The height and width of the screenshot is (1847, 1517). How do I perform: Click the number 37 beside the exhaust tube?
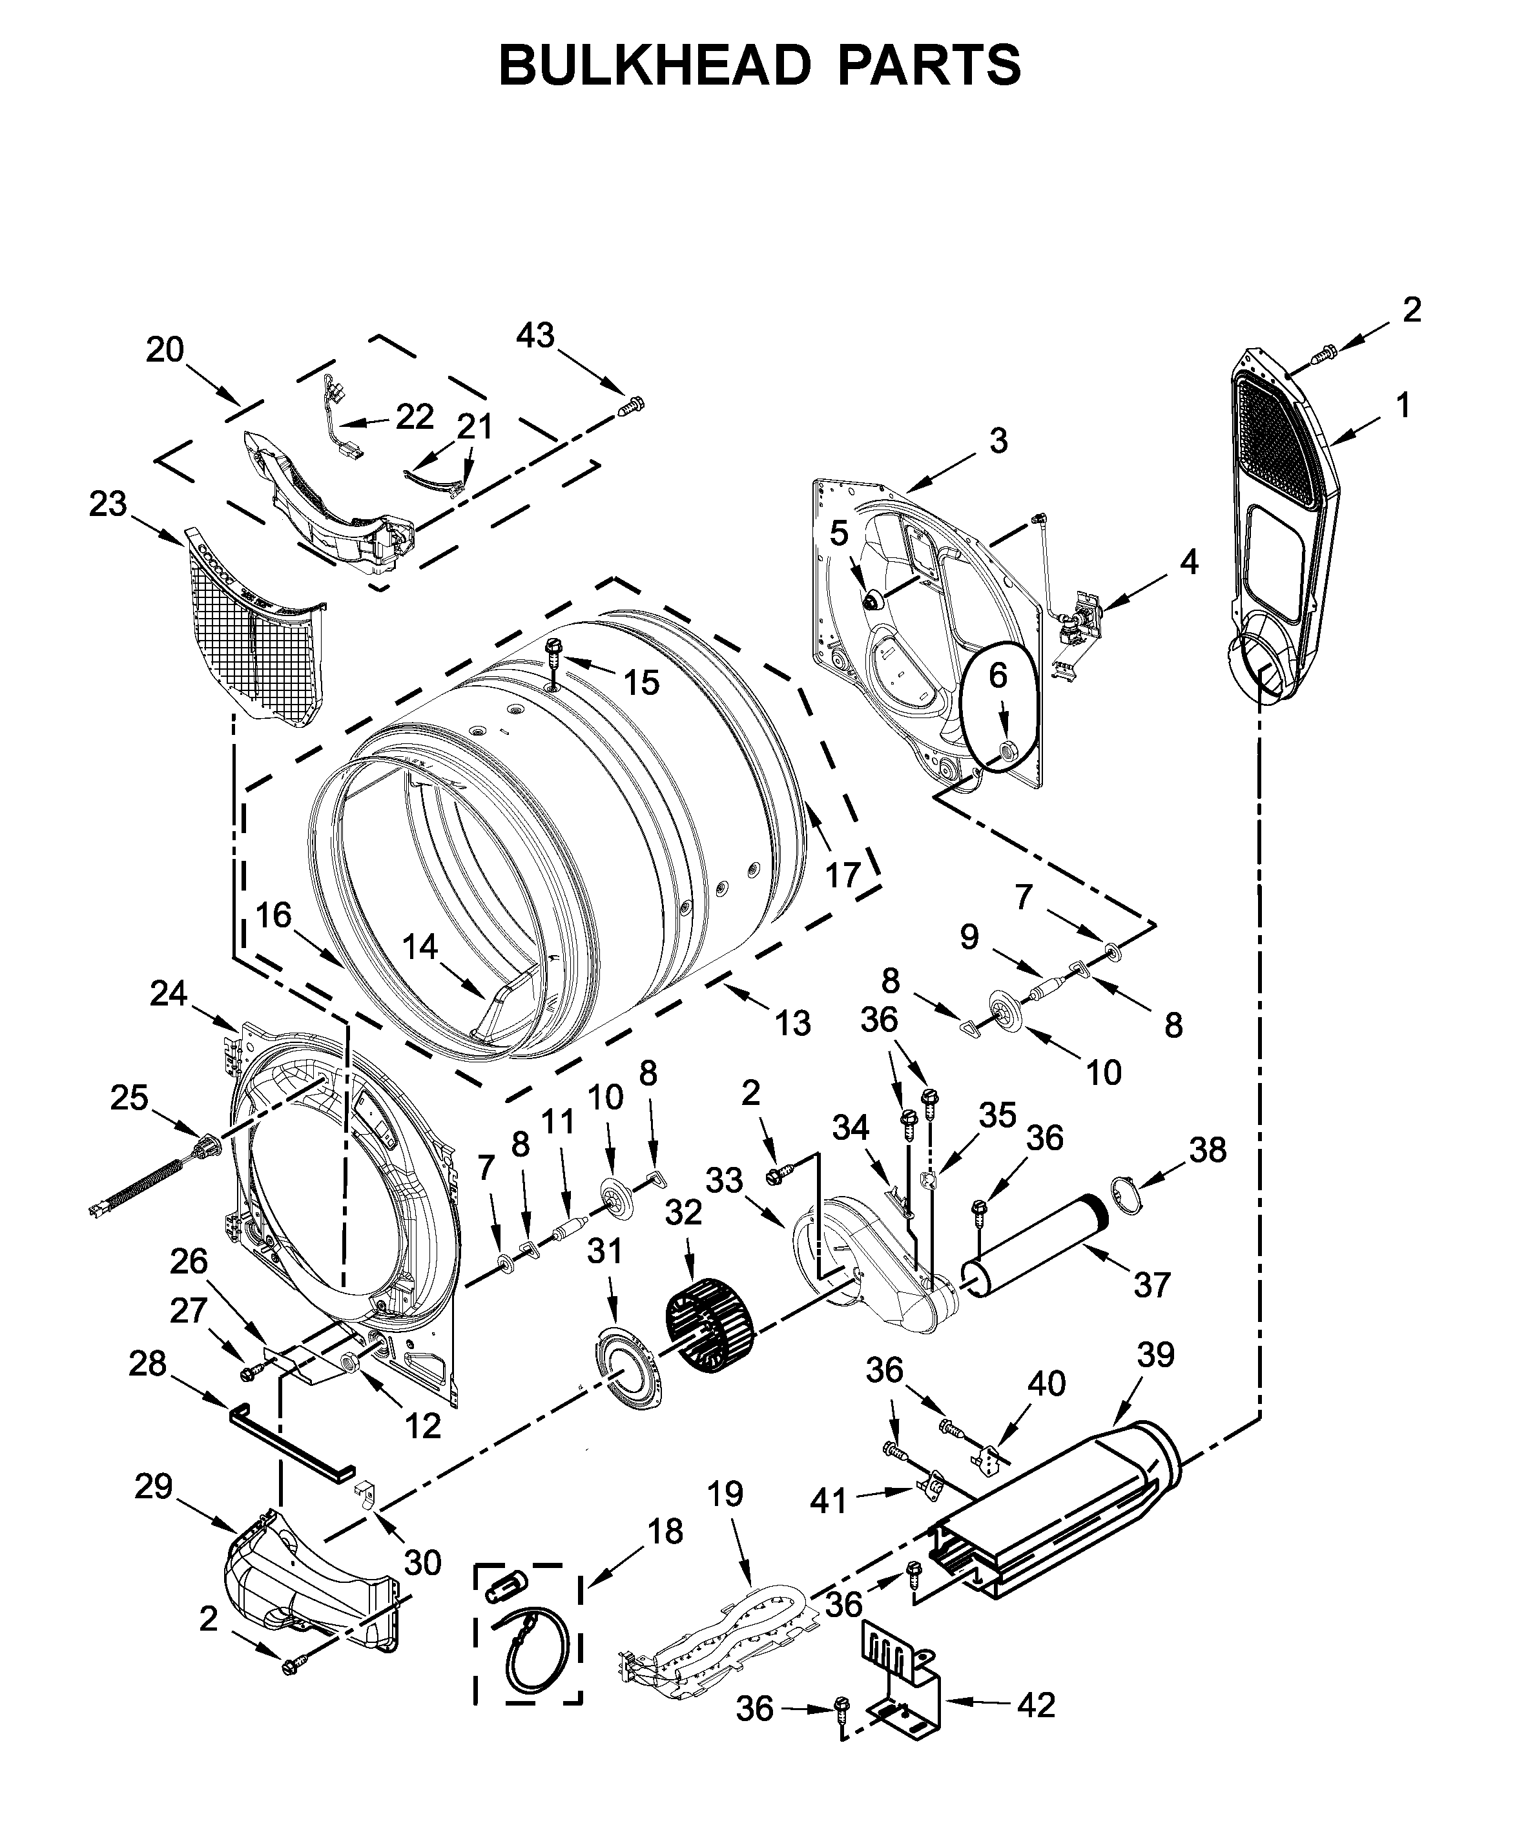pos(1151,1285)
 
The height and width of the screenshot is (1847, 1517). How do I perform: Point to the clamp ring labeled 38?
pos(1128,1194)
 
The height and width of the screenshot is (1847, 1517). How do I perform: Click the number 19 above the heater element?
pos(725,1493)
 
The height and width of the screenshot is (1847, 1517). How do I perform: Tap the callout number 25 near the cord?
pos(129,1099)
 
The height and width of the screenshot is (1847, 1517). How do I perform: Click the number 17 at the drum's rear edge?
pos(844,874)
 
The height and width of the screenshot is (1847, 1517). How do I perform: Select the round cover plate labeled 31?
pos(626,1379)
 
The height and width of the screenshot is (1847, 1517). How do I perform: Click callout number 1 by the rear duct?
pos(1403,406)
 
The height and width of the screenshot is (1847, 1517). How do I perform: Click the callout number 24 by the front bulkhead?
pos(169,993)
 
